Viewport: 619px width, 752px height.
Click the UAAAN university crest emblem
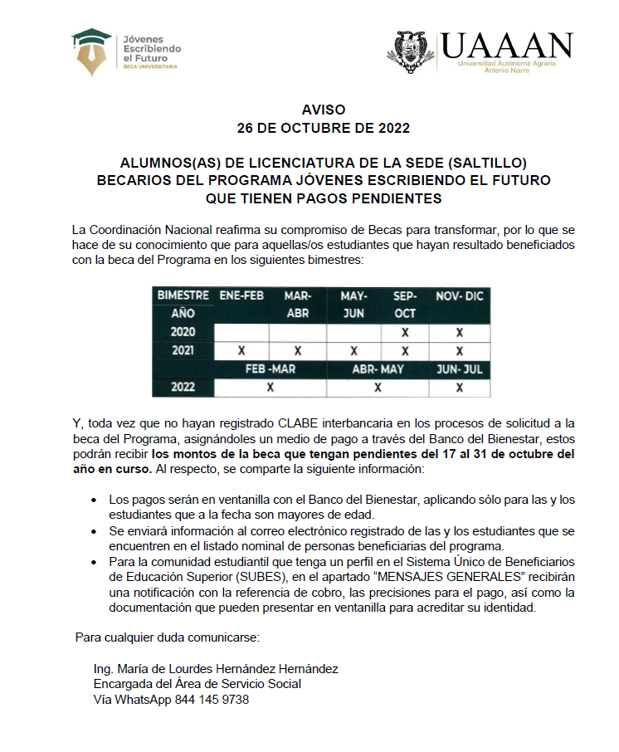[x=415, y=51]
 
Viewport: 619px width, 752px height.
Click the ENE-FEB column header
[x=241, y=295]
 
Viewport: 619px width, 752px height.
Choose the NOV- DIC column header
[x=459, y=295]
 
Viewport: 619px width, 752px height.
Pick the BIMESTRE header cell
[x=183, y=295]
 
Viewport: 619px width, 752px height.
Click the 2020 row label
[x=183, y=332]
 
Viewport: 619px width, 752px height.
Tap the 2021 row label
[x=183, y=350]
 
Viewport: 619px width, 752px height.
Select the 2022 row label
[x=183, y=387]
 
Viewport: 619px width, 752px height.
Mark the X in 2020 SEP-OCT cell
[x=405, y=332]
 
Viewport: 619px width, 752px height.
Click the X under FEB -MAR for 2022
[x=270, y=387]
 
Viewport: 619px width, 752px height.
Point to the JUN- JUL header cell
[x=459, y=369]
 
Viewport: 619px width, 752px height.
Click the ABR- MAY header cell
[x=378, y=369]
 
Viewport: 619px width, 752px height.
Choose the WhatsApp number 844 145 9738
[x=211, y=699]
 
